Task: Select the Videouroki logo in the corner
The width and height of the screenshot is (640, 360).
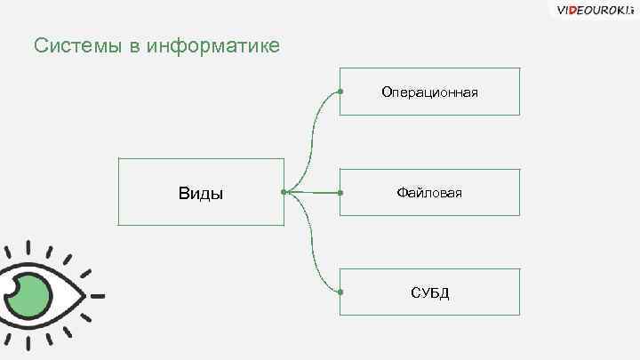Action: point(595,11)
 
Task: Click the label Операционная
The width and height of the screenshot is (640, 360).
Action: point(430,92)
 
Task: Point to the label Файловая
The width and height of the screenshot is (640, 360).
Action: point(430,192)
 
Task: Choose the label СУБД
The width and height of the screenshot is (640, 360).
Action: point(430,292)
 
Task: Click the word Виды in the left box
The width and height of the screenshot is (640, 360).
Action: point(201,193)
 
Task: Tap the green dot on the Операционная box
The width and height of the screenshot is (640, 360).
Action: point(341,92)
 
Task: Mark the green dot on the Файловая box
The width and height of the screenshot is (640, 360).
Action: point(341,192)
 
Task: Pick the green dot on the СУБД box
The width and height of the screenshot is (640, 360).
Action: point(341,292)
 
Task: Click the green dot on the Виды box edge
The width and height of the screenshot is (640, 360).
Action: point(284,191)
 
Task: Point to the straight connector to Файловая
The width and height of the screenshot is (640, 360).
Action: point(313,192)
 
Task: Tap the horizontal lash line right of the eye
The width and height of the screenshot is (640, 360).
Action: point(96,295)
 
